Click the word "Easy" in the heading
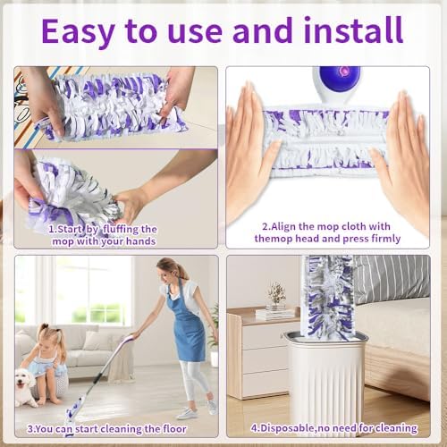79,31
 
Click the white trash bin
325,383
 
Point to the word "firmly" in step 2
385,239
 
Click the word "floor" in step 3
174,429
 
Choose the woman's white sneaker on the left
187,414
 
